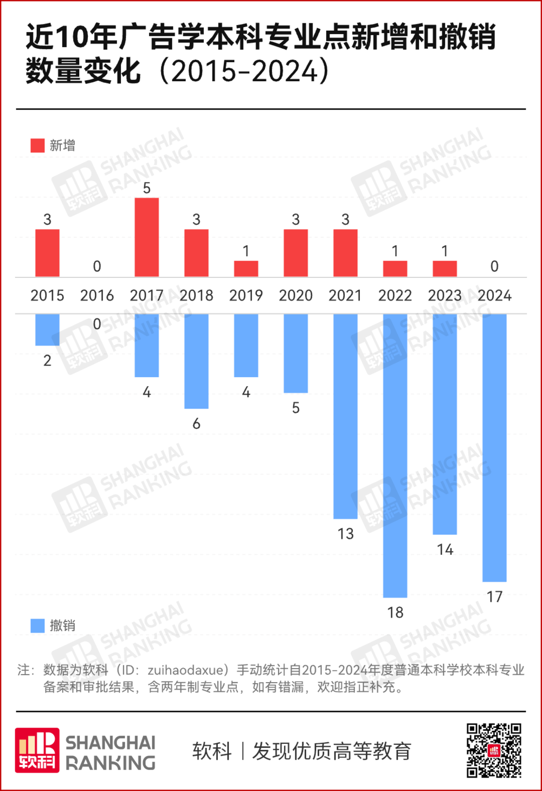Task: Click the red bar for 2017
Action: click(x=147, y=237)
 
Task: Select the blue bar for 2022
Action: click(x=395, y=455)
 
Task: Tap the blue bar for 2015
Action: click(x=47, y=329)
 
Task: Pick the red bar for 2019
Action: click(x=246, y=269)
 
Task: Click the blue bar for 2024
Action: click(x=494, y=448)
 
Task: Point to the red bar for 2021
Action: click(x=345, y=253)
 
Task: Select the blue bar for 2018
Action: click(x=196, y=361)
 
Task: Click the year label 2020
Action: click(x=296, y=296)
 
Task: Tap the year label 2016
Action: click(x=97, y=296)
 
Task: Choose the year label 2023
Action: click(x=445, y=296)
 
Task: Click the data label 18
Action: click(x=395, y=613)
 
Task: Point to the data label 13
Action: click(x=345, y=534)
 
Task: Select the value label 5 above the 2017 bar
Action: click(x=147, y=188)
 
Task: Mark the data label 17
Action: click(x=494, y=597)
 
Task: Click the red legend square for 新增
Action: click(x=37, y=145)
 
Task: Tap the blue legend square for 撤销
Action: click(x=37, y=626)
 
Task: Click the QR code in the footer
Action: click(x=494, y=750)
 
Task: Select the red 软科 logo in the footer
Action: click(x=37, y=750)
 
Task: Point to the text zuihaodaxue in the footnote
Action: click(x=185, y=670)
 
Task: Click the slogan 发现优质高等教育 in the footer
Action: click(x=332, y=751)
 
